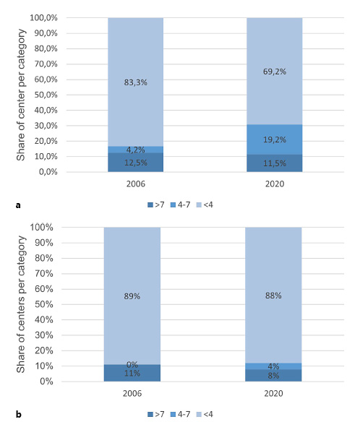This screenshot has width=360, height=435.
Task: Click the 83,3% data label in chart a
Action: point(135,82)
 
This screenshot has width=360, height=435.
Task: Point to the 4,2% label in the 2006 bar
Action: point(135,150)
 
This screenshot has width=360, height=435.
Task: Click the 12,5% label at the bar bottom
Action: point(135,163)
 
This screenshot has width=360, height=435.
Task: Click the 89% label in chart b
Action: point(132,296)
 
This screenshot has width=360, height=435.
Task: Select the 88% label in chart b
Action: point(274,296)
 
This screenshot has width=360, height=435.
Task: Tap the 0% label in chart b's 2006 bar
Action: point(132,365)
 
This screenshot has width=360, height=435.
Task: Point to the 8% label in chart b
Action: point(274,376)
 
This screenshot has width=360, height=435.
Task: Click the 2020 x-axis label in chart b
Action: point(274,394)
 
